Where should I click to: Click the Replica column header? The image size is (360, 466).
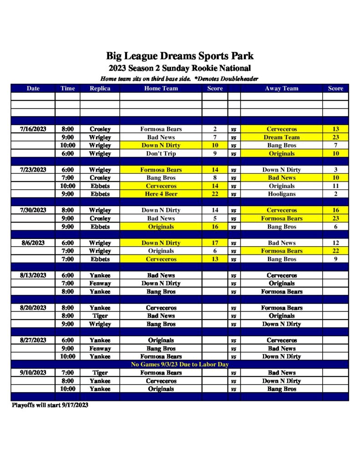coord(100,88)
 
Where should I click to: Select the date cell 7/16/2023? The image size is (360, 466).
coord(33,129)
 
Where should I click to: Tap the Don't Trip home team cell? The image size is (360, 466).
coord(161,154)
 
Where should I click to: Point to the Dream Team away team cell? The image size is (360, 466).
coord(281,137)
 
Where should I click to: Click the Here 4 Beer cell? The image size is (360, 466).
coord(161,194)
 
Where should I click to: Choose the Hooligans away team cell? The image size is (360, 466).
coord(281,194)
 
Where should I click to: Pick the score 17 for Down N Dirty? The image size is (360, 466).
coord(215,243)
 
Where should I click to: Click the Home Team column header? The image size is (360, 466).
coord(161,88)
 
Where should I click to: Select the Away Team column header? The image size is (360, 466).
coord(281,88)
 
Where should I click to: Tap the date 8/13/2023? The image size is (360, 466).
coord(33,275)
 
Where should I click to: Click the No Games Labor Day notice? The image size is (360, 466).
coord(179,365)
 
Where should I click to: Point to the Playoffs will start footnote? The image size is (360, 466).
coord(50,405)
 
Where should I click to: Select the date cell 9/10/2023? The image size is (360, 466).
coord(33,373)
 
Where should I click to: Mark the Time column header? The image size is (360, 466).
coord(67,88)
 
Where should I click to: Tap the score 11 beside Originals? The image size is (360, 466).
coord(335,186)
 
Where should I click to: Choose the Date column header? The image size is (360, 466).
coord(33,88)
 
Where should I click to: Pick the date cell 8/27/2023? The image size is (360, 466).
coord(33,340)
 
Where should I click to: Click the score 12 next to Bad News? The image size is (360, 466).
coord(335,243)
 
